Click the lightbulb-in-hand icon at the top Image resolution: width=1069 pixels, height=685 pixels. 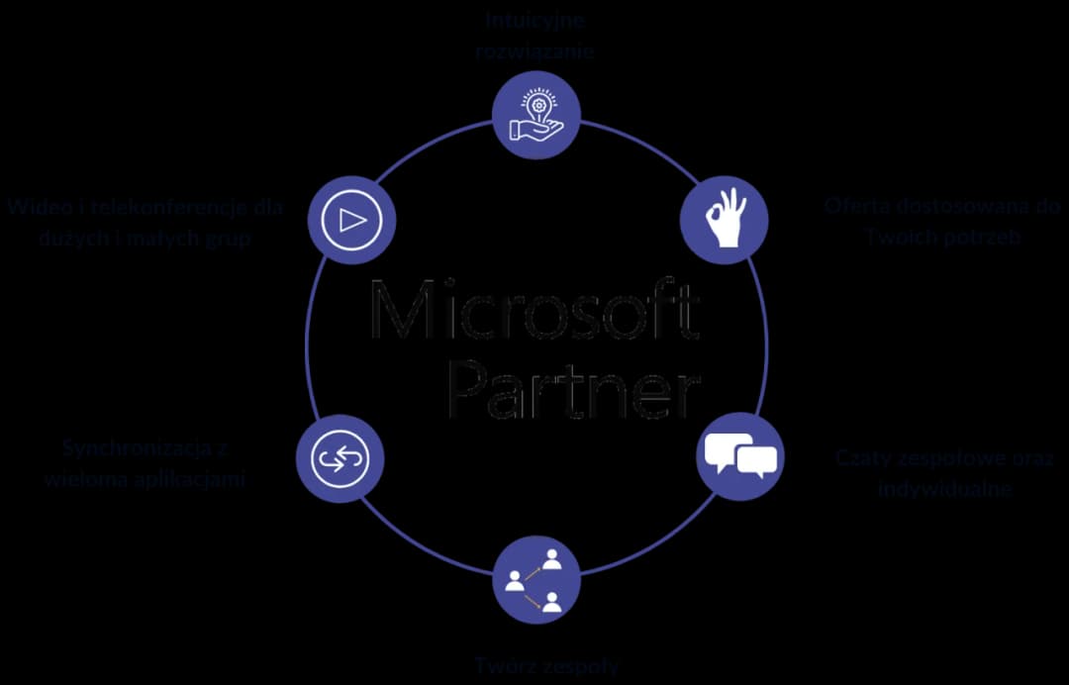coord(536,115)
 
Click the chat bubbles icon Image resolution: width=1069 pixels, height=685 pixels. coord(740,456)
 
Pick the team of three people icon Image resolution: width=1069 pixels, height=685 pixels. coord(535,580)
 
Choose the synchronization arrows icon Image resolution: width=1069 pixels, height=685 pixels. coord(340,458)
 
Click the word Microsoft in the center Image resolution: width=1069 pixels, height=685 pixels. coord(534,311)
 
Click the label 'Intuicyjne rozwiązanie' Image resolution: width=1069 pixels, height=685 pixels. coord(534,36)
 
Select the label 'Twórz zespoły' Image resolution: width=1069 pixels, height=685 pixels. coord(545,665)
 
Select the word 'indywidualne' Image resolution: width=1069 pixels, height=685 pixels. coord(943,488)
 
